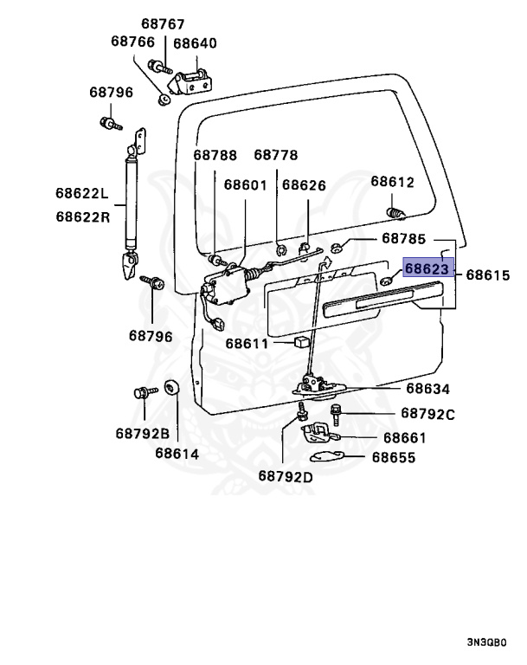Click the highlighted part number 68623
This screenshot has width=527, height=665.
427,269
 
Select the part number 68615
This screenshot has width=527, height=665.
488,276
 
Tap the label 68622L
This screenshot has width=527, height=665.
83,193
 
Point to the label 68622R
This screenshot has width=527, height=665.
83,216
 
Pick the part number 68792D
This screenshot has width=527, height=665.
285,475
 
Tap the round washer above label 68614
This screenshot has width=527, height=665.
170,387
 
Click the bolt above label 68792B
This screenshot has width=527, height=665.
140,393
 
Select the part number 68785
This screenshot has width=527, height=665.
404,238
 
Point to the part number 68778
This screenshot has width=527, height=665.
275,155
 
